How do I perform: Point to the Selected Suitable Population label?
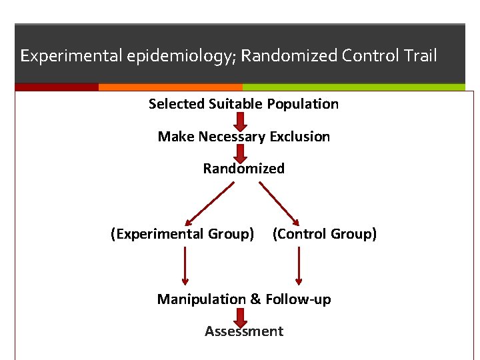point(243,104)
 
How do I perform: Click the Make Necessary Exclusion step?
point(243,137)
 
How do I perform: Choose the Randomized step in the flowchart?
point(243,169)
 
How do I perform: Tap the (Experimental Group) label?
point(182,234)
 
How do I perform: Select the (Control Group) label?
point(325,234)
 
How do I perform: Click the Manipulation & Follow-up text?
point(243,299)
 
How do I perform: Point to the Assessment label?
point(243,331)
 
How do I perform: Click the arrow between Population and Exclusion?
point(241,121)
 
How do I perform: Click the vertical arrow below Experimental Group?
point(185,265)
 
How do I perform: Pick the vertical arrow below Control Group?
point(299,265)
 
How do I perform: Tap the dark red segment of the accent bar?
point(57,87)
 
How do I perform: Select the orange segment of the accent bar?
point(170,87)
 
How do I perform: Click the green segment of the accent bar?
point(353,87)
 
